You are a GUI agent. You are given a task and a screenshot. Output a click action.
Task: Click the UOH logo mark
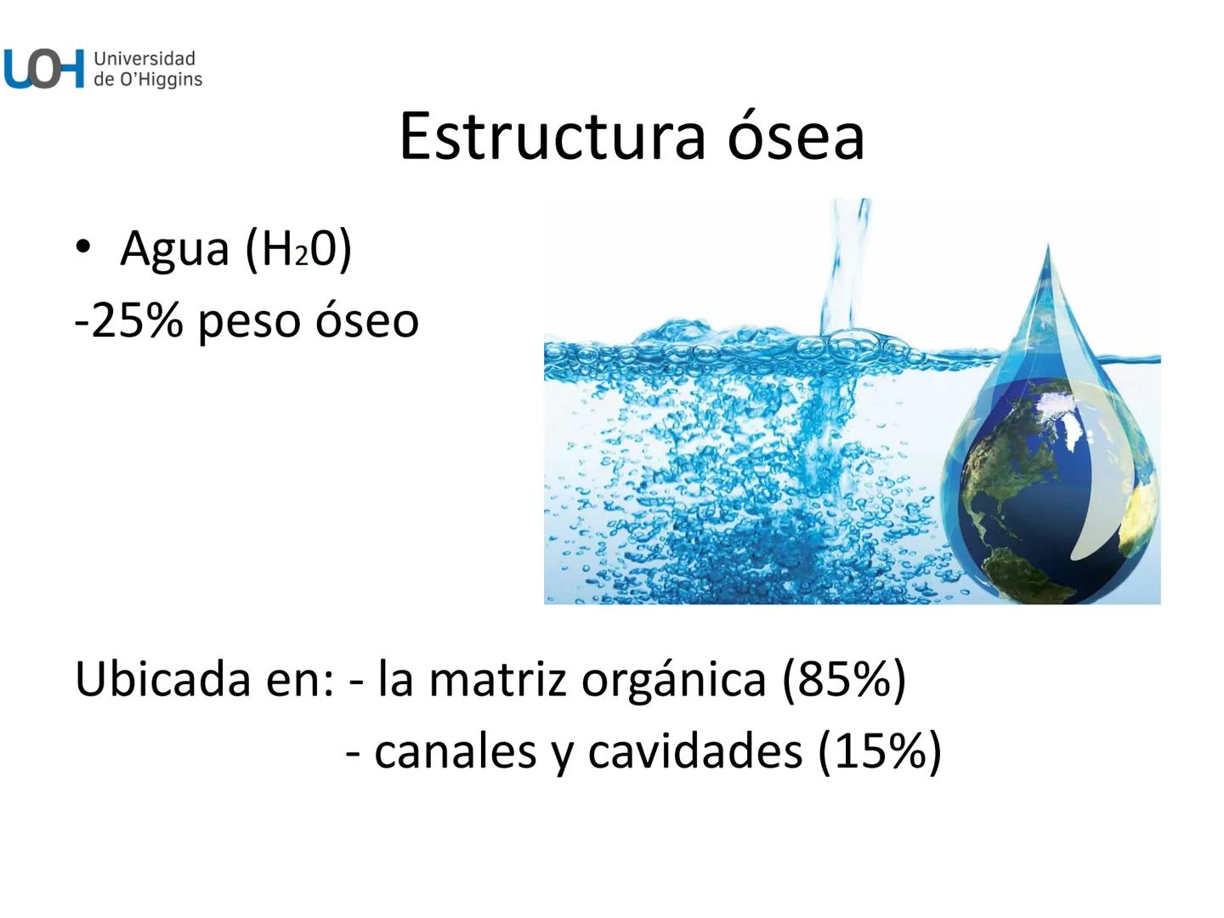tap(44, 69)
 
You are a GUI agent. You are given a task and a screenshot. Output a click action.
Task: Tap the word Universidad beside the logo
tap(144, 59)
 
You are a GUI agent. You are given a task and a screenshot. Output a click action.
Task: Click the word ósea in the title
tap(796, 136)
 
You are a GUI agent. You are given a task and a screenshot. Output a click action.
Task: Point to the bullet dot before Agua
tap(82, 247)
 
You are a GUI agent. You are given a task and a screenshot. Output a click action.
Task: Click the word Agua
tap(175, 249)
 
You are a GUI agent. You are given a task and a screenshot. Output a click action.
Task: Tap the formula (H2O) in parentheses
tap(298, 249)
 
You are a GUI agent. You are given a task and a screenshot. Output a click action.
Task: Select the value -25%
tap(128, 321)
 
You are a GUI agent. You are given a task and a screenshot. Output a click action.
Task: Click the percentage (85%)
tap(844, 678)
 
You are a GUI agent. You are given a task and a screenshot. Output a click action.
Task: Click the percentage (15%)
tap(880, 751)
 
